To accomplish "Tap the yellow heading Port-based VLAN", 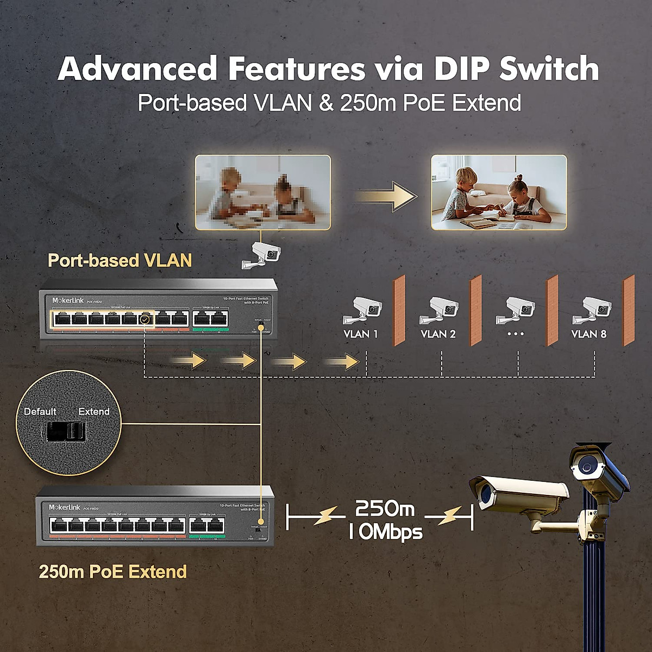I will tap(120, 260).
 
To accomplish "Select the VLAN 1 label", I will tap(360, 334).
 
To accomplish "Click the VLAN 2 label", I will tap(438, 334).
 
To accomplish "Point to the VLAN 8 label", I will tap(588, 334).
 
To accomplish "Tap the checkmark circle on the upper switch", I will tap(145, 319).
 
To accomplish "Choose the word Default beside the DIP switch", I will tap(40, 411).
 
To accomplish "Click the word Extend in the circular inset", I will tap(94, 411).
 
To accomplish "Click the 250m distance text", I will tap(385, 509).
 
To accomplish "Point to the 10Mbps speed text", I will tap(385, 531).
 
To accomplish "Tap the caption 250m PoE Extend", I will tap(113, 572).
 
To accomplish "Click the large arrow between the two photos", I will tap(386, 196).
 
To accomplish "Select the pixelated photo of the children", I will tap(263, 192).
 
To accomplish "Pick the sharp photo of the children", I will tap(499, 192).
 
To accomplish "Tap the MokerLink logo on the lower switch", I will tap(65, 507).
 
